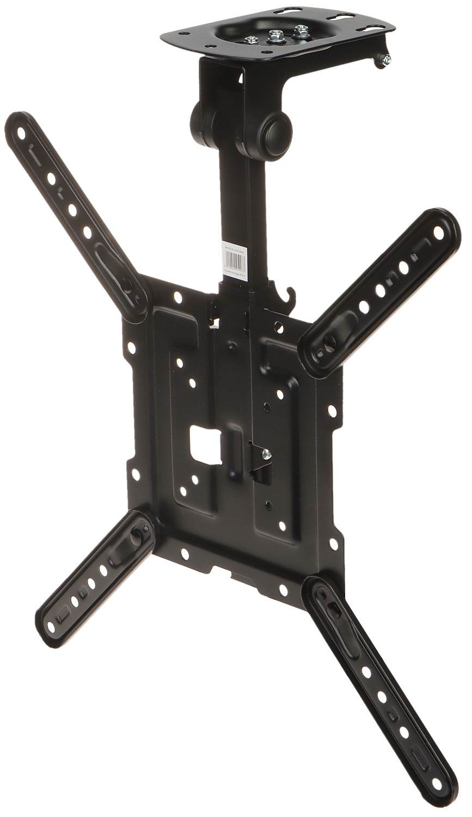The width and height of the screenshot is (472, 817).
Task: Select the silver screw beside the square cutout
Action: tap(266, 453)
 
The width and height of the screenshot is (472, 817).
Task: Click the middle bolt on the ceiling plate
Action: tap(273, 36)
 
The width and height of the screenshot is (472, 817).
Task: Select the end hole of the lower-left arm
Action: tap(51, 627)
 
